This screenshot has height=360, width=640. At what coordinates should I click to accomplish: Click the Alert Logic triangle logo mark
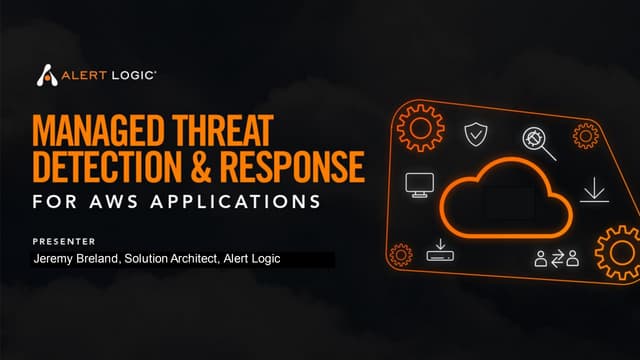click(x=46, y=76)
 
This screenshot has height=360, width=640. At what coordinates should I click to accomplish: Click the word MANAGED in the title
click(x=98, y=131)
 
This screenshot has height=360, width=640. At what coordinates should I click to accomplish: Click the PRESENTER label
click(x=63, y=241)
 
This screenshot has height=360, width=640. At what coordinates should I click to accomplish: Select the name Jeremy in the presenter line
click(x=55, y=259)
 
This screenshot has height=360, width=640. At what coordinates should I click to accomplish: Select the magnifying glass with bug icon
click(x=537, y=142)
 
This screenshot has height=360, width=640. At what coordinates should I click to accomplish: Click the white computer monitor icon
click(x=417, y=184)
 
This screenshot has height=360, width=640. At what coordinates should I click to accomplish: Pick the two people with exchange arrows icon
click(x=556, y=258)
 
